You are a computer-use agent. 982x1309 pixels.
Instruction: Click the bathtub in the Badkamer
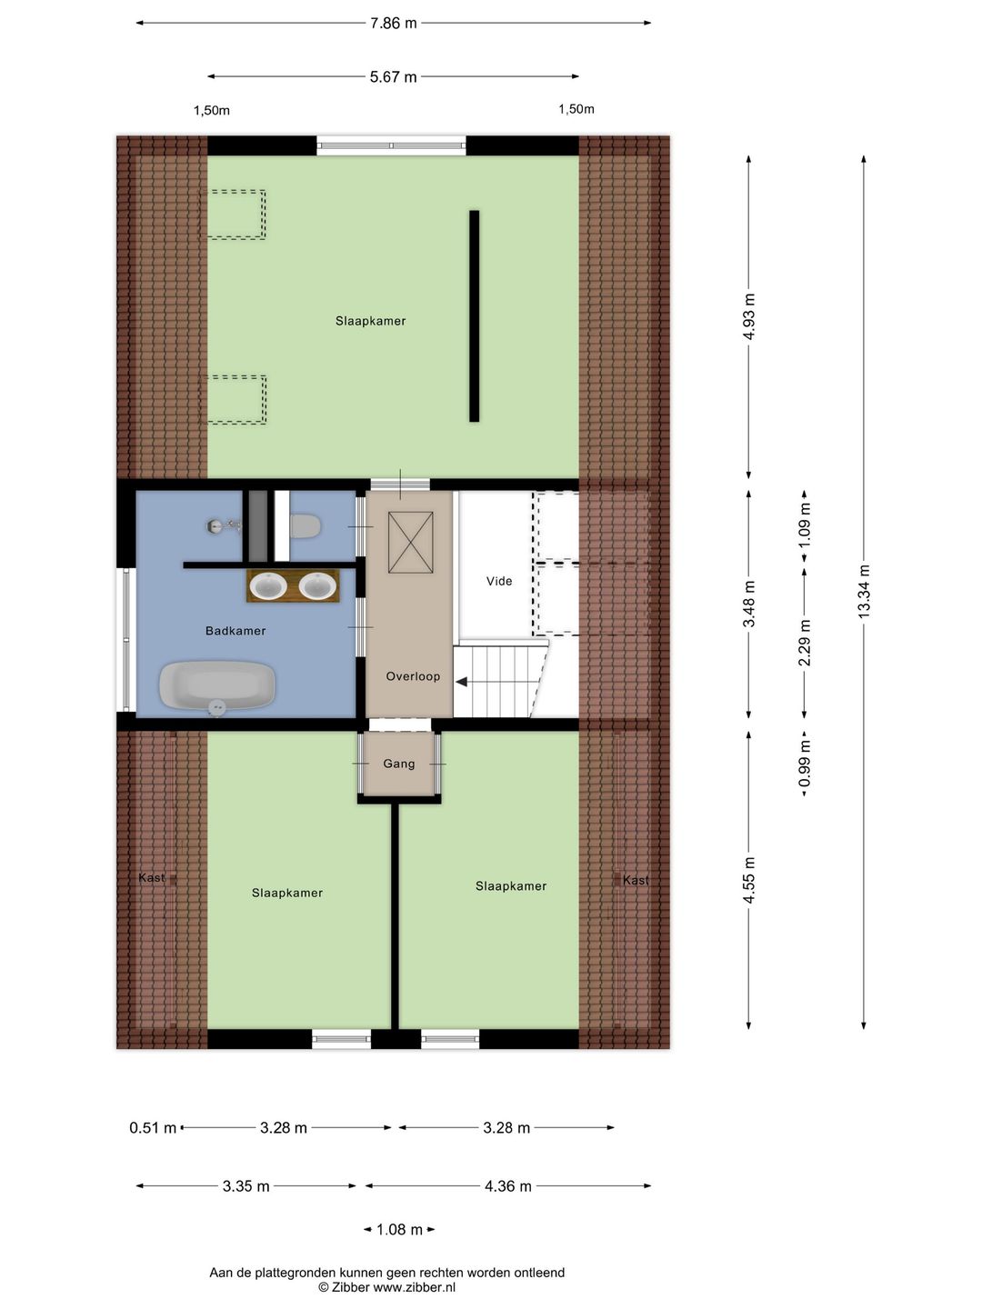[x=217, y=685]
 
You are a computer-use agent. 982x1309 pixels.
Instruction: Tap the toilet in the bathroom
[x=305, y=525]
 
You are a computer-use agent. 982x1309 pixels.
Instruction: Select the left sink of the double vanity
[x=269, y=586]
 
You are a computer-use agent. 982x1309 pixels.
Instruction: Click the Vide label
[x=499, y=581]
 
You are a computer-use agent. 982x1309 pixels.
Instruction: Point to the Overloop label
[x=413, y=676]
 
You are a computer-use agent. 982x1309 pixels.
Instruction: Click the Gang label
[x=399, y=764]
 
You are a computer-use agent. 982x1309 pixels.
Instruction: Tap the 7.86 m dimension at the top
[x=393, y=24]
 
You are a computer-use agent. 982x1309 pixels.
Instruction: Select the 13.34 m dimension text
[x=864, y=592]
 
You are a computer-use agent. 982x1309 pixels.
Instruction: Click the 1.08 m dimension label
[x=399, y=1230]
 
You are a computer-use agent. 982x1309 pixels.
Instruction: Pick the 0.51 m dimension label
[x=153, y=1128]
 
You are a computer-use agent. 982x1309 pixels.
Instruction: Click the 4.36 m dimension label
[x=507, y=1186]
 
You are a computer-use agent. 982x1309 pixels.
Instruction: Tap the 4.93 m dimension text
[x=749, y=316]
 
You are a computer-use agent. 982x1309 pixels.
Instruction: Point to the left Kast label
[x=152, y=878]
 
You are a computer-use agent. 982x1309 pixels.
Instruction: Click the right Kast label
[x=636, y=880]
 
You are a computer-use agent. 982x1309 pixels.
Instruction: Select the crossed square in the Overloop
[x=411, y=543]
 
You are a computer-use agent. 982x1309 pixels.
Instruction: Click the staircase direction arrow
[x=462, y=682]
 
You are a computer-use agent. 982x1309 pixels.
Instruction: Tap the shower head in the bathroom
[x=215, y=525]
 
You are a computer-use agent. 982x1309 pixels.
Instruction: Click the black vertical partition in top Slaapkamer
[x=474, y=316]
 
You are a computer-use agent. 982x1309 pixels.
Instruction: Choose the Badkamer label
[x=235, y=631]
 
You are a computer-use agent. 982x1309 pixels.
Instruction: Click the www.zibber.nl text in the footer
[x=414, y=1287]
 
